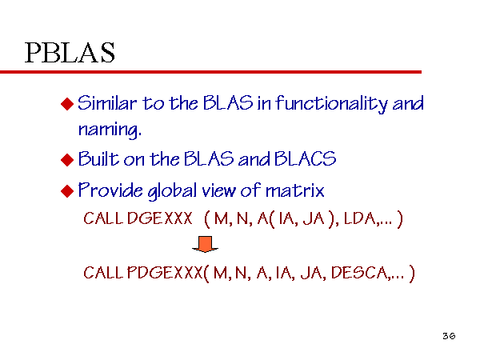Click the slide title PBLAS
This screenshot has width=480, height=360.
point(70,53)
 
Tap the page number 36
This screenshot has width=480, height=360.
point(449,336)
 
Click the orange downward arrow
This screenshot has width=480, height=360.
point(205,244)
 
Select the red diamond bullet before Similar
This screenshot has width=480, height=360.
point(67,104)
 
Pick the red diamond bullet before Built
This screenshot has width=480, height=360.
point(67,160)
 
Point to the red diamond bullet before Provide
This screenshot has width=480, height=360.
point(67,191)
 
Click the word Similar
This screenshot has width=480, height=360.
point(107,103)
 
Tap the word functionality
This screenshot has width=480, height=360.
point(331,104)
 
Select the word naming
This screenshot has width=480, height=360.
point(110,130)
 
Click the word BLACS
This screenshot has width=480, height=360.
point(305,158)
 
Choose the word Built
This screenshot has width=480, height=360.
point(98,158)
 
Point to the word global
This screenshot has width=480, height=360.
point(172,191)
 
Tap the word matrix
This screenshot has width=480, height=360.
point(294,190)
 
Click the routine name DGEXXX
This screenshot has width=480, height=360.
point(160,218)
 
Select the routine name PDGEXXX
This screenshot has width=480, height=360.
point(165,273)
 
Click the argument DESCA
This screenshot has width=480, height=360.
point(359,273)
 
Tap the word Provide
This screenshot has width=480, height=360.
point(110,190)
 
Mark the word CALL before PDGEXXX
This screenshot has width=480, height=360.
point(103,273)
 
